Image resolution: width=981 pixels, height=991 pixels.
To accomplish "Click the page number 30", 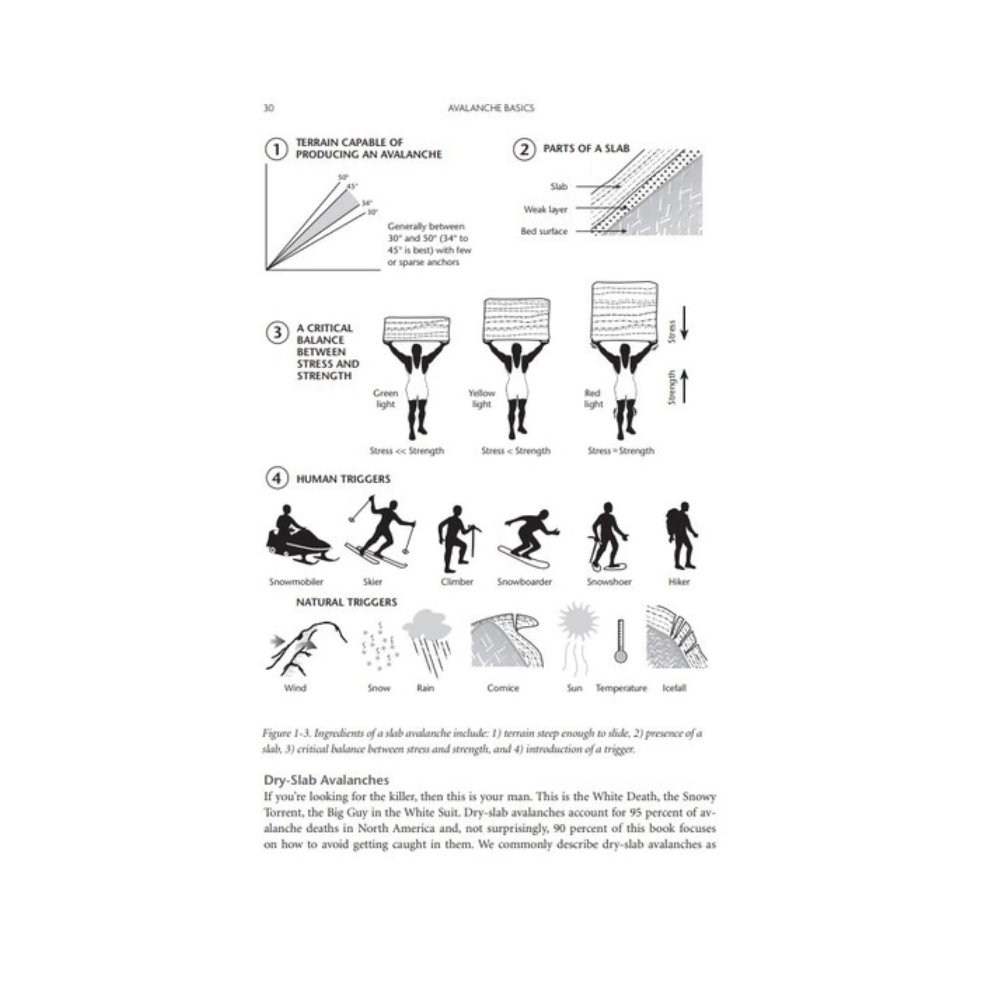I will point(268,108).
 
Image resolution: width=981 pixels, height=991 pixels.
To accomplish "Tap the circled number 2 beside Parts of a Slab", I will point(523,150).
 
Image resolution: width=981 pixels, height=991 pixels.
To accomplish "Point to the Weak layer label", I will point(545,209).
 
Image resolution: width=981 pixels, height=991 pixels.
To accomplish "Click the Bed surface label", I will point(544,231).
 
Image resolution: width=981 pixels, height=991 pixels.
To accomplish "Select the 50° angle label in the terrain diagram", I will point(343,178).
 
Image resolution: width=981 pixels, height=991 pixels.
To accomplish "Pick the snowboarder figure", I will point(527,539).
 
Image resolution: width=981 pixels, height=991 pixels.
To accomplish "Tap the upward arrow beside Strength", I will point(684,386).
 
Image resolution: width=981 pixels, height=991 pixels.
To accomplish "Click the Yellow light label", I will point(481,399).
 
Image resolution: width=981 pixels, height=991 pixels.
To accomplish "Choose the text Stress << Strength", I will point(407,451).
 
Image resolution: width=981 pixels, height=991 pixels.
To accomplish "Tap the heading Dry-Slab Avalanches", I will point(326,780).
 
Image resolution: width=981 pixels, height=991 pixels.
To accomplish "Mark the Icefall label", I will point(673,688).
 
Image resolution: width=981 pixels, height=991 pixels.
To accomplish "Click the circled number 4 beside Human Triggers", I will point(276,478).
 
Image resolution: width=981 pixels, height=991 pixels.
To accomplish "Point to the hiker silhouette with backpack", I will point(681,537).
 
